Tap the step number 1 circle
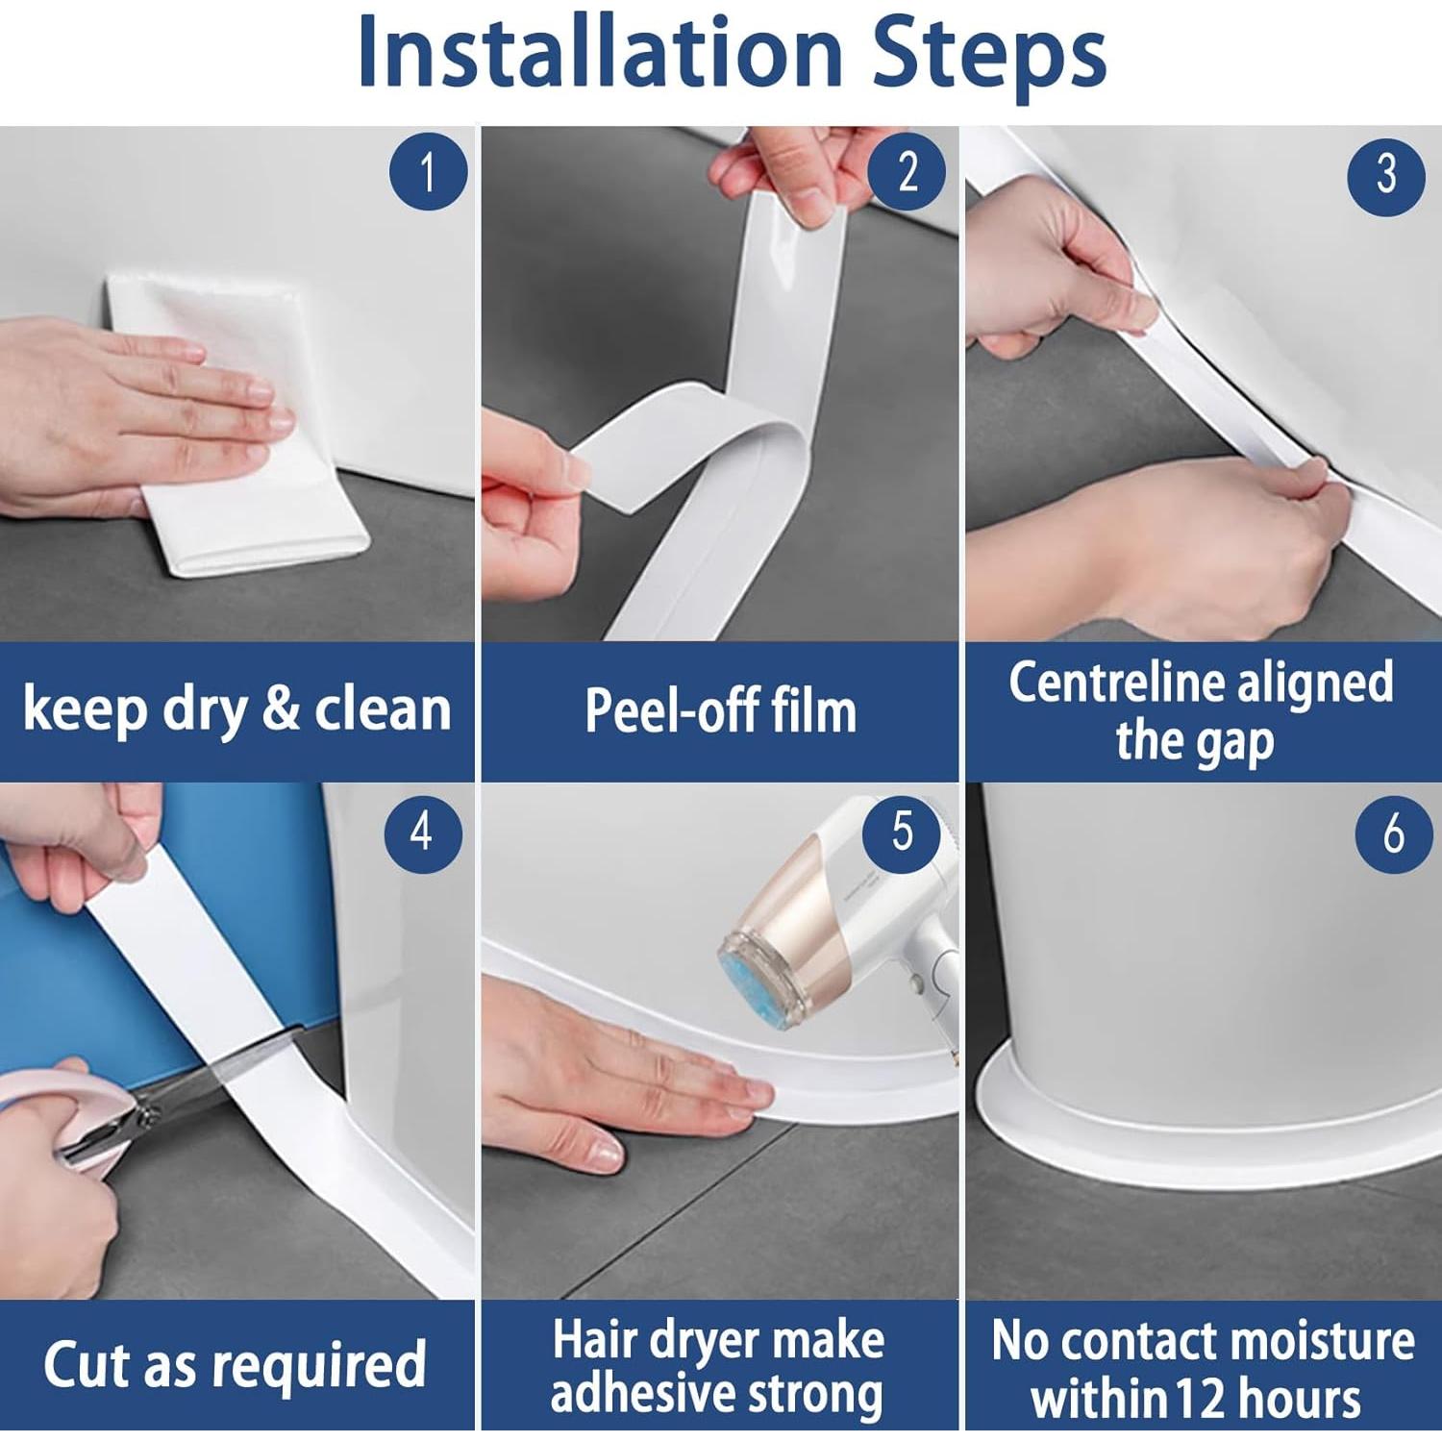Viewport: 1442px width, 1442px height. pos(428,173)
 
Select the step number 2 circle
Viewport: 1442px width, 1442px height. pos(907,172)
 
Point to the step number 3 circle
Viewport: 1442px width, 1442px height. pos(1386,175)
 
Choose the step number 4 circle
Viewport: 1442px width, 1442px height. pos(423,833)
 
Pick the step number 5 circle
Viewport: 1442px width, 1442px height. pos(902,832)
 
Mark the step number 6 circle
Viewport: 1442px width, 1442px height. pos(1394,834)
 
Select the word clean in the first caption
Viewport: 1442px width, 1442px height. pos(383,709)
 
